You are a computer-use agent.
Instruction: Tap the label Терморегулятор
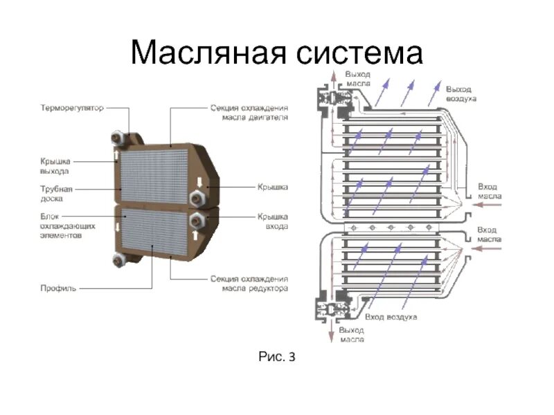tap(72, 109)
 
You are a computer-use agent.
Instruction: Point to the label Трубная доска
tap(56, 193)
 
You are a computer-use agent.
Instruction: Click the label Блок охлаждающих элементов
tap(66, 225)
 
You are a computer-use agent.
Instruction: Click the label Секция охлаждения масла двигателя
tap(249, 113)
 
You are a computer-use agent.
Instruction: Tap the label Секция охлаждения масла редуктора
tap(249, 283)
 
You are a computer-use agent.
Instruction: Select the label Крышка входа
tap(273, 221)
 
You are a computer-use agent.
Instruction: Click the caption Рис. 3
tap(277, 358)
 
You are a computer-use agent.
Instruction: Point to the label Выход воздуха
tap(461, 94)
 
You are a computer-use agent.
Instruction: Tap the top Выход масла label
tap(358, 78)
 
